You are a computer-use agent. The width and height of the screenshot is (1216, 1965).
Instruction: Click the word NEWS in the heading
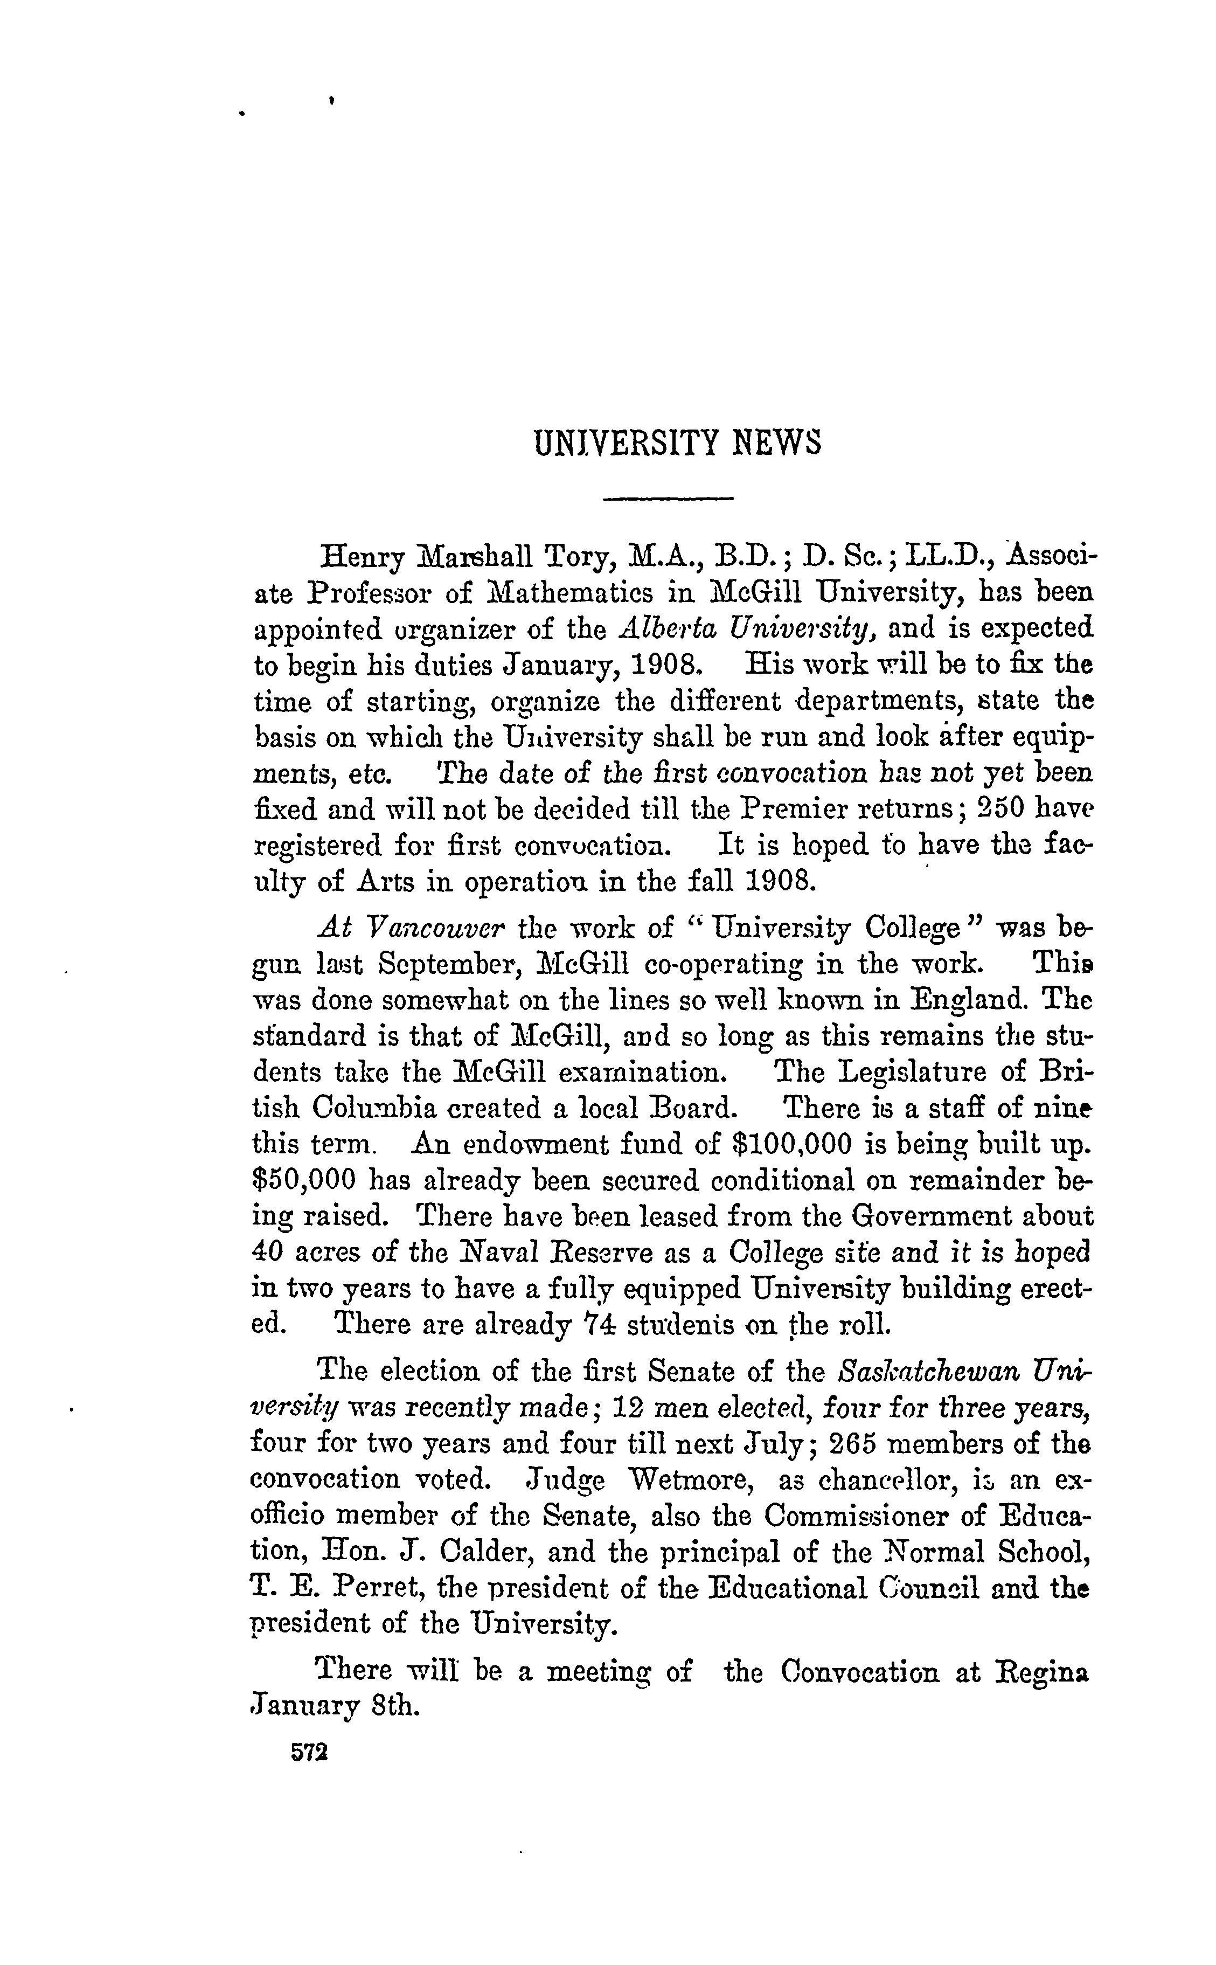click(777, 443)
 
